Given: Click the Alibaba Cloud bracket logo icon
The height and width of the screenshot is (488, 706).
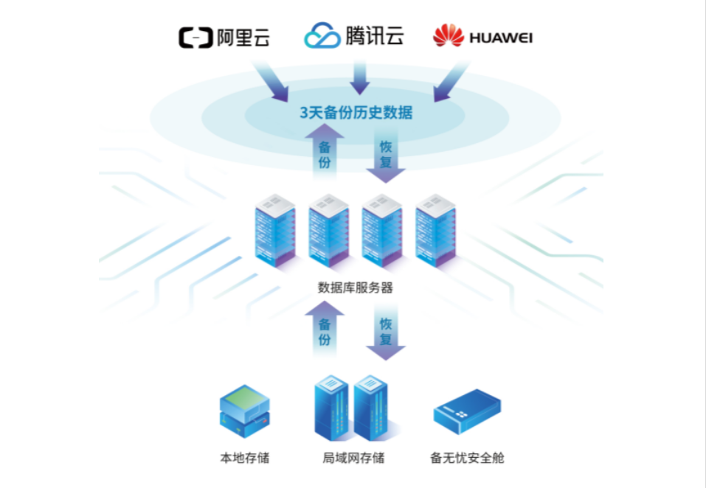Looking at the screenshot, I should point(195,37).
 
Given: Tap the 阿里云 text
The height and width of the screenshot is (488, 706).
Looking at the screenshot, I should point(243,37).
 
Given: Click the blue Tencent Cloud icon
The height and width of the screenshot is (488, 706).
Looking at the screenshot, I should point(322,35).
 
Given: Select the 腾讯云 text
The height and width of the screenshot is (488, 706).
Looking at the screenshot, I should point(374,35).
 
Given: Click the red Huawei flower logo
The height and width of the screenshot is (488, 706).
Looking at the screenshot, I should point(448,35).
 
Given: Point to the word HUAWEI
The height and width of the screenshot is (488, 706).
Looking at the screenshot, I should point(501,37).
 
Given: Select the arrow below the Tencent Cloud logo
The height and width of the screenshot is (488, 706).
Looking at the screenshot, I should point(359,78).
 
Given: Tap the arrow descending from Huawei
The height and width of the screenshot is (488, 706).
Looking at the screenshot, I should point(450,82).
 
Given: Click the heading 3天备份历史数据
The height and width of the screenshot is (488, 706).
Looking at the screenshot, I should point(356,113).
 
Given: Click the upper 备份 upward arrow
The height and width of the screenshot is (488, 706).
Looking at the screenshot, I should point(325,151).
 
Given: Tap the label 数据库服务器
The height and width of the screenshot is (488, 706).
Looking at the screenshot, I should point(355,287).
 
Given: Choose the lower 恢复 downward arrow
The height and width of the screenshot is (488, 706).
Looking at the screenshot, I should point(386,333).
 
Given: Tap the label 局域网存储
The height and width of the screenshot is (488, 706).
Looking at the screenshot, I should point(353,458).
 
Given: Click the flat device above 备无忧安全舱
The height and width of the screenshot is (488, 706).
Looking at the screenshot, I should point(467,411).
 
